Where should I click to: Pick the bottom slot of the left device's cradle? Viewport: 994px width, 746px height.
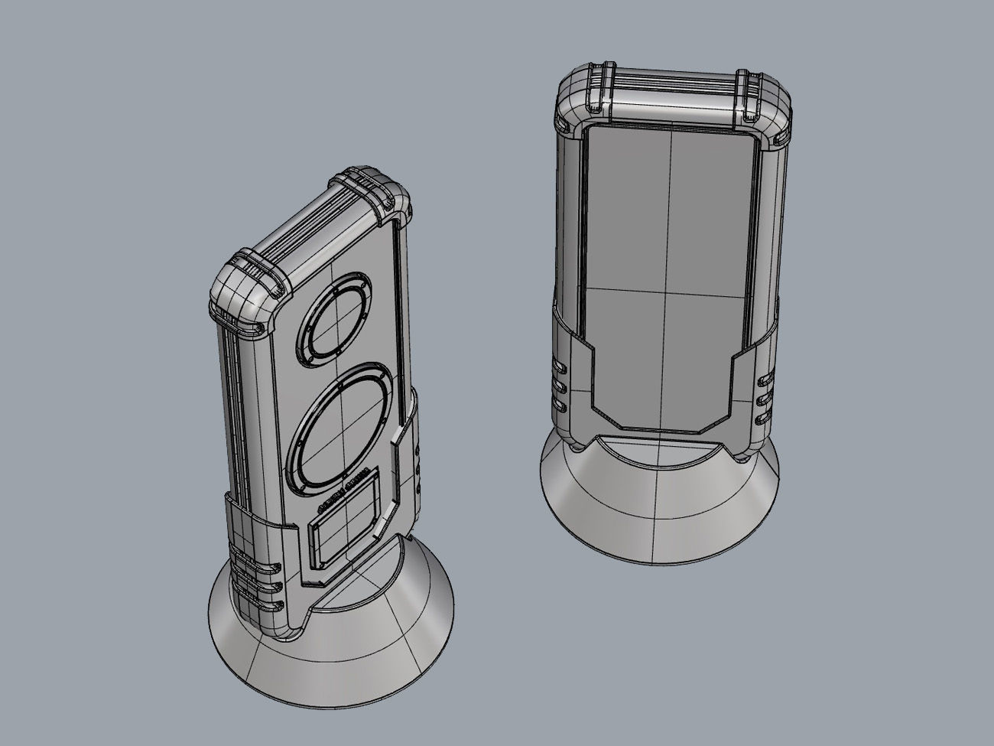click(x=264, y=607)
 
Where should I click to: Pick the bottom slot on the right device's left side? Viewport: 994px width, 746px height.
click(x=557, y=401)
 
